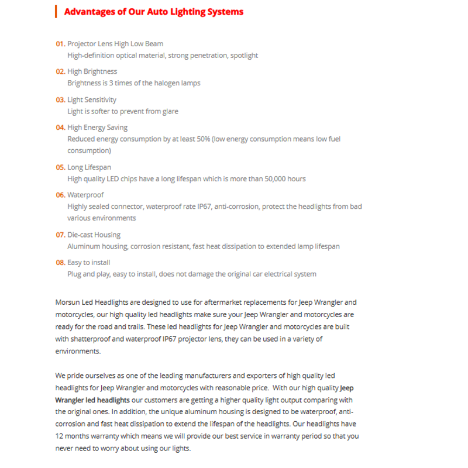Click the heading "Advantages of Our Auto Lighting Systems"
[x=154, y=12]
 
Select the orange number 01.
[x=60, y=44]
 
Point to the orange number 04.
[x=60, y=128]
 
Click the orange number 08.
[x=60, y=263]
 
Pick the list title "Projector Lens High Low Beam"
[x=115, y=44]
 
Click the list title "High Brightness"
[x=92, y=71]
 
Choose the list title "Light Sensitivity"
[x=92, y=99]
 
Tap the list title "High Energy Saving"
[x=97, y=128]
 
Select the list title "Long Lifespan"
[x=89, y=167]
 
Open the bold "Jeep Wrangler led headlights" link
[x=94, y=400]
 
